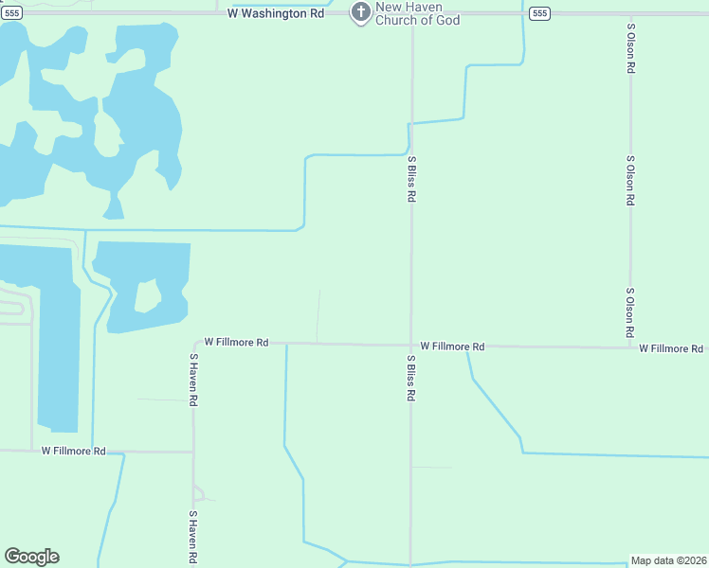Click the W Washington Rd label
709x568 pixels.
(x=276, y=13)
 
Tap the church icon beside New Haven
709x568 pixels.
(x=360, y=12)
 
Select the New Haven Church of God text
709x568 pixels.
(x=418, y=13)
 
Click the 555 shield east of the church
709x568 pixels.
(x=539, y=12)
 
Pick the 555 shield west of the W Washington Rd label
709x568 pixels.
(x=11, y=12)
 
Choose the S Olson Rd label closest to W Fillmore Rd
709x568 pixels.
(x=629, y=313)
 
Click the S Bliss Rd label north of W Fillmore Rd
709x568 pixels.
(x=411, y=179)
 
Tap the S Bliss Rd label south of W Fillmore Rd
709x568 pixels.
(x=411, y=380)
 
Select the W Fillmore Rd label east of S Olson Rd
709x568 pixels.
(x=670, y=348)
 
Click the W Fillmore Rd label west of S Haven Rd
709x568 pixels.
(x=73, y=452)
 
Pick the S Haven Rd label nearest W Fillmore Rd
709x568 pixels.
(x=193, y=380)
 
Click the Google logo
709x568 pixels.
(x=31, y=557)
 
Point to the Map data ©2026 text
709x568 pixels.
(x=668, y=560)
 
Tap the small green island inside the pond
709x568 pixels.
(x=147, y=294)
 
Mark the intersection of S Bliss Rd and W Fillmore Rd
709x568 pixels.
(x=410, y=346)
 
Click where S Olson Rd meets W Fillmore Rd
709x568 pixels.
(x=630, y=346)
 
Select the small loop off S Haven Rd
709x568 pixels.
(x=198, y=492)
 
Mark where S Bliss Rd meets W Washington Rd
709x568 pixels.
(x=411, y=13)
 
